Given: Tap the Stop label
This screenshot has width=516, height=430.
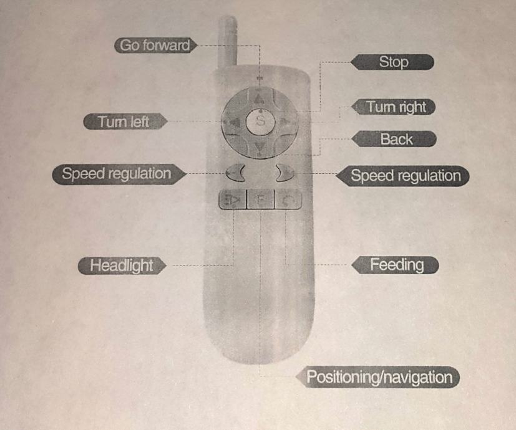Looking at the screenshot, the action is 392,62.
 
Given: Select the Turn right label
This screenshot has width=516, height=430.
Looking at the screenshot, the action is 396,107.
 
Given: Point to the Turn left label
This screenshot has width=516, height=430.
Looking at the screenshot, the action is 123,122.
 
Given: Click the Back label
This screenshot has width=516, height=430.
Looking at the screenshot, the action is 396,139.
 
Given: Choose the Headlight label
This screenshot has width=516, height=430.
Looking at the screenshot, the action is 122,265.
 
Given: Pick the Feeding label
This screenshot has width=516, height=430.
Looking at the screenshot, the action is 396,265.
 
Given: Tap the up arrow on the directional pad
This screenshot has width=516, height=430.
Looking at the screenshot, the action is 260,98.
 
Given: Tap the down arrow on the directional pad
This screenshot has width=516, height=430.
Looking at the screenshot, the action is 260,147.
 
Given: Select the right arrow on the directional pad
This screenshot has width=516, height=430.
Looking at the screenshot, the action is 286,122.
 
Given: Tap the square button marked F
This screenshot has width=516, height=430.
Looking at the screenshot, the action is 260,200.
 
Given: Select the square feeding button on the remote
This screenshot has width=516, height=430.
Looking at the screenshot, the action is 288,200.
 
